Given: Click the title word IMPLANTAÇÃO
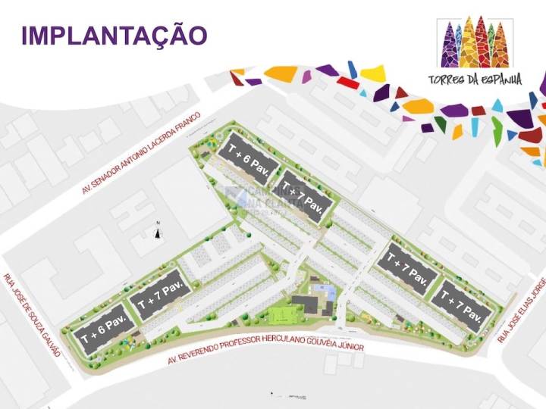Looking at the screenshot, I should [115, 36].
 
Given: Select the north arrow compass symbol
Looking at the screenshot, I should [158, 230].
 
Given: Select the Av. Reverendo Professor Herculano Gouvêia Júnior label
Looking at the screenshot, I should [265, 347].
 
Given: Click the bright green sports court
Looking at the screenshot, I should [284, 314].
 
